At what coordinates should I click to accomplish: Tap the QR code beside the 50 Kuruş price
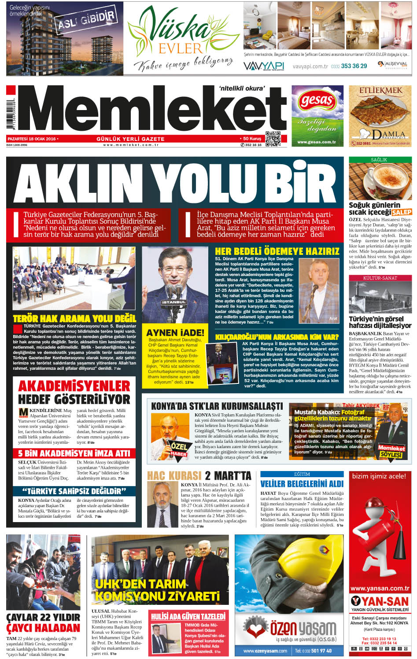273,139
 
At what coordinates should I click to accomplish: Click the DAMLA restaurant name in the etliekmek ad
387,134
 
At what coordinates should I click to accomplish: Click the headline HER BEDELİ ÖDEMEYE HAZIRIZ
277,251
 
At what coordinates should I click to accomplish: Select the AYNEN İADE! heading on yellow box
175,332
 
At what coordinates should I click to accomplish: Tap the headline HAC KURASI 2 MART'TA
199,475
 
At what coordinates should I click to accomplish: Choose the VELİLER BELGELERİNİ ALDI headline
302,483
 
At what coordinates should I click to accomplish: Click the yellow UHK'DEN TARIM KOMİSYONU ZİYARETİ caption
158,590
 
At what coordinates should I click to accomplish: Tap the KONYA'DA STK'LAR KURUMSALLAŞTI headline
217,405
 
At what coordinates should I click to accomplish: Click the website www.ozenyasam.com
265,651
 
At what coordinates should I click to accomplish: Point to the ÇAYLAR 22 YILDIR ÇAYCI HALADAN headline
43,622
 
